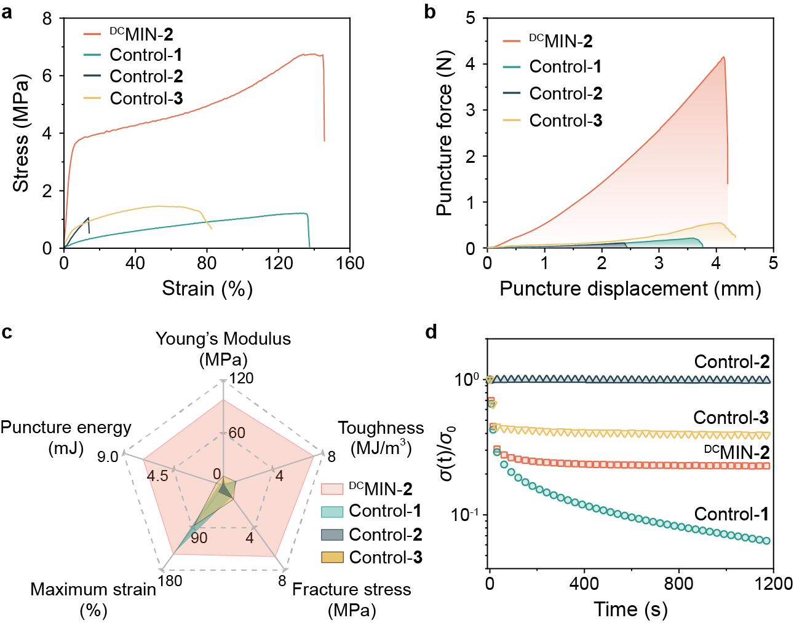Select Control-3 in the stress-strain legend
(146, 98)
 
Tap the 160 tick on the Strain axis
(350, 264)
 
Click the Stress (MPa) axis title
(21, 133)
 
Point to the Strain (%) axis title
(207, 289)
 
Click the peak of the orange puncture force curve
(724, 57)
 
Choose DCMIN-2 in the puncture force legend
(560, 41)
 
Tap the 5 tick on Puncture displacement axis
(772, 264)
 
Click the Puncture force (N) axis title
(444, 133)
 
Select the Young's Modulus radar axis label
(223, 348)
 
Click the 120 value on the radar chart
(242, 378)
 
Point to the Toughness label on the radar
(381, 437)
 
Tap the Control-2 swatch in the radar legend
(332, 535)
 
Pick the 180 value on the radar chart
(170, 581)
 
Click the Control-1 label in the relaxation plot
(731, 514)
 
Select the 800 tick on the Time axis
(678, 583)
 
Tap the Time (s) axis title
(630, 609)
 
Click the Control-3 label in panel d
(731, 418)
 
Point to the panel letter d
(431, 332)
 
